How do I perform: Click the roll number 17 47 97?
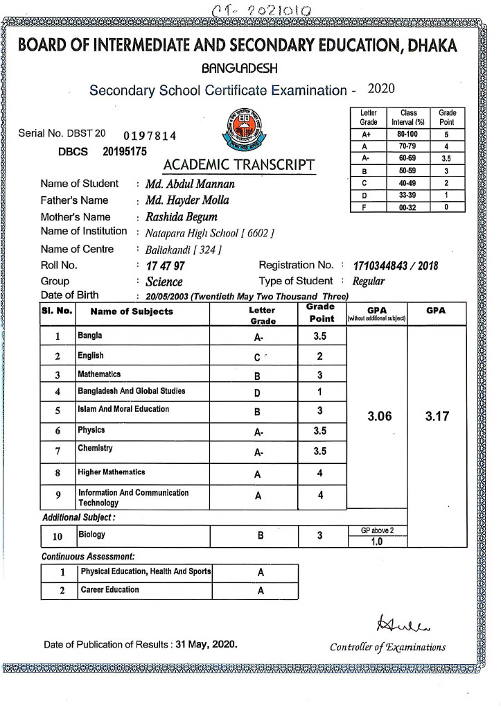click(x=166, y=266)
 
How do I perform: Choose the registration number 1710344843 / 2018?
click(x=395, y=266)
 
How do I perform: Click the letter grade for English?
click(x=257, y=357)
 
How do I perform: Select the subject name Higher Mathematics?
click(x=112, y=472)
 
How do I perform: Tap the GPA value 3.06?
click(x=379, y=417)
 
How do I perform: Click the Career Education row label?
click(x=109, y=590)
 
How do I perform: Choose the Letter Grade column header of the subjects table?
click(x=262, y=315)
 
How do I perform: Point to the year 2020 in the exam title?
click(x=381, y=89)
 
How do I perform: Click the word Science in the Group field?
click(x=164, y=282)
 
